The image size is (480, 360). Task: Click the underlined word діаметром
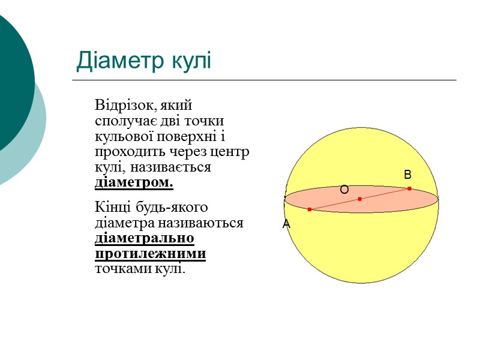pos(134,182)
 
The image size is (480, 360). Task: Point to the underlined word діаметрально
pos(145,238)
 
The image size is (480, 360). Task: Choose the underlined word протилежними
pos(151,254)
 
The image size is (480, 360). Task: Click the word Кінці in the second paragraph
pos(110,208)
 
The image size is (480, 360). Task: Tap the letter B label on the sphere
pos(407,175)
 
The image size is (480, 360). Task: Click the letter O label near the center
pos(344,190)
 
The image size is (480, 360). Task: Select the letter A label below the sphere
pos(286,224)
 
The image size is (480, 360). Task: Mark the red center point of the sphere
pos(359,199)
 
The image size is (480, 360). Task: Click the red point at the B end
pos(409,188)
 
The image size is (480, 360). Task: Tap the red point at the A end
pos(310,209)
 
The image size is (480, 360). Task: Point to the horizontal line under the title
pos(264,80)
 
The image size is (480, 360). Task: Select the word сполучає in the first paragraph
pos(120,121)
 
